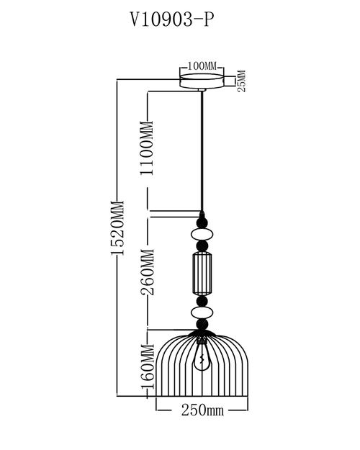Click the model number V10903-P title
click(x=172, y=19)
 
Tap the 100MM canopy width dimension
click(x=202, y=66)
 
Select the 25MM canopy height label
click(x=242, y=81)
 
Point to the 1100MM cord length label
click(x=147, y=148)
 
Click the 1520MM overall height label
click(x=117, y=228)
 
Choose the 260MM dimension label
click(x=148, y=272)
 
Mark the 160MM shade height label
click(x=148, y=366)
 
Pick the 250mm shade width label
click(x=202, y=410)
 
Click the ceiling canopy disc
click(x=202, y=81)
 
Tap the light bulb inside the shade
click(x=202, y=358)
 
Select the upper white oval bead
click(x=202, y=235)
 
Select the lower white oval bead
click(x=202, y=313)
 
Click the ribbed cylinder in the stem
click(x=202, y=273)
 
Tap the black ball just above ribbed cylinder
click(x=202, y=246)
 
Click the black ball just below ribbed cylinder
click(x=202, y=301)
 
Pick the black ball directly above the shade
click(x=202, y=325)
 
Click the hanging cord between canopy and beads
click(x=202, y=151)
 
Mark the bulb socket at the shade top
click(x=202, y=341)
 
